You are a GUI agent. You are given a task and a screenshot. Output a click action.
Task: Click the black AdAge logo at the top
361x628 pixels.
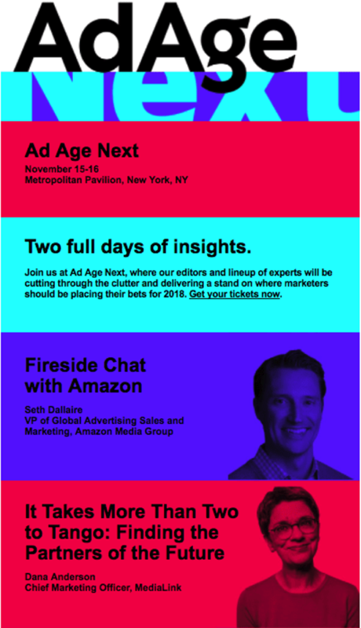point(155,44)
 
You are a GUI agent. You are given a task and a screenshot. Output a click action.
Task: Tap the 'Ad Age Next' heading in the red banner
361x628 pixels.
point(82,151)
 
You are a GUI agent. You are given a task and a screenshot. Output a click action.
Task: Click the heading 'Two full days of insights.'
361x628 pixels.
point(138,246)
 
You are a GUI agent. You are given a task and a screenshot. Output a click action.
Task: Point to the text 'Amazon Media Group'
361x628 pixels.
point(135,432)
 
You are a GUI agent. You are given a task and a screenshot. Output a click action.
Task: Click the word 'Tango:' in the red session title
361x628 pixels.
point(75,533)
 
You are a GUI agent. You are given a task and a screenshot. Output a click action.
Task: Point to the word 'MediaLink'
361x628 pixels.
point(158,588)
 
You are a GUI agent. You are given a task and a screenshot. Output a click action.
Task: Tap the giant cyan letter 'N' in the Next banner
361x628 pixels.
point(65,96)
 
